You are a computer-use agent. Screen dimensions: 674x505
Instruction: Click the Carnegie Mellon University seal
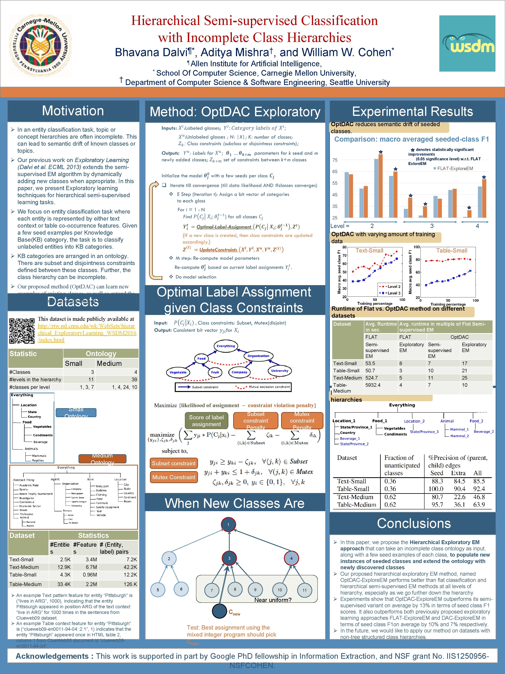point(41,46)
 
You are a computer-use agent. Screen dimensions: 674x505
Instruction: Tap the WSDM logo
point(467,43)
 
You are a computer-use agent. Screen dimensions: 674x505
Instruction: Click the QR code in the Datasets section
point(22,331)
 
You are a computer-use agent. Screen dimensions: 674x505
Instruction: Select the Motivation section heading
point(73,111)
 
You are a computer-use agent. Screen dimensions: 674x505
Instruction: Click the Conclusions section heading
point(414,523)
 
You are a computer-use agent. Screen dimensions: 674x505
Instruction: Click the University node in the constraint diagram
point(279,371)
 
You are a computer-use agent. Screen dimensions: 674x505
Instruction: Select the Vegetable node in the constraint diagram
point(178,372)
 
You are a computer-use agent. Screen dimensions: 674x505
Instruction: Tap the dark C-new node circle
point(219,611)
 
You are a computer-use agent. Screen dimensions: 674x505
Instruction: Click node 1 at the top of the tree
point(228,524)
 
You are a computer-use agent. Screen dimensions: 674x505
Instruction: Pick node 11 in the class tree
point(304,590)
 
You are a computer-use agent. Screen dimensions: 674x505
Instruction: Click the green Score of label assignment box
point(206,421)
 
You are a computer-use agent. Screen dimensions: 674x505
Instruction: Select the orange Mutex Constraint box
point(174,477)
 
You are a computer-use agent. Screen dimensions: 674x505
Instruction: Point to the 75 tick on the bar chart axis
point(335,160)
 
